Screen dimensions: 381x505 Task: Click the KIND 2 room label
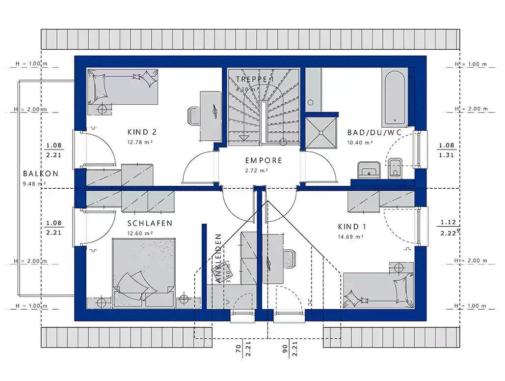pos(142,132)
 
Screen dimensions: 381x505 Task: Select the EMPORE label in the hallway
pos(264,160)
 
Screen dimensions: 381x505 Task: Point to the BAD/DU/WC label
pos(367,132)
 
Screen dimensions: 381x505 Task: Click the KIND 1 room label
pos(352,227)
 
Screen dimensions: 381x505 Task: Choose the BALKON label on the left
pos(41,174)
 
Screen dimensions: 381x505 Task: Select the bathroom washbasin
pos(368,170)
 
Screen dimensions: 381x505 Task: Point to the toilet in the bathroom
pos(395,168)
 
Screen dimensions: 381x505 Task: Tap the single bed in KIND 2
pos(123,87)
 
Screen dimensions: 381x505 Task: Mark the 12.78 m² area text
pos(141,143)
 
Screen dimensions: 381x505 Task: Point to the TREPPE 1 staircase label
pos(254,79)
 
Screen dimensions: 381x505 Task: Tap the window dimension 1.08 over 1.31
pos(446,150)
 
